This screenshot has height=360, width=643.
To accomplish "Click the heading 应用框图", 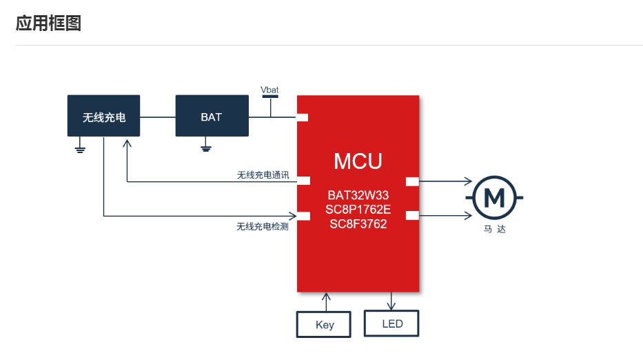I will [x=48, y=23].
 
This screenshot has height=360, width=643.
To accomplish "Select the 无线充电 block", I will [x=103, y=116].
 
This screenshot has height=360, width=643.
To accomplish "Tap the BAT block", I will [x=212, y=116].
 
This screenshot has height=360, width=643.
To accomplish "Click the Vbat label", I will [x=269, y=90].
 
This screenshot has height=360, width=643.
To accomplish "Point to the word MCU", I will [x=358, y=161].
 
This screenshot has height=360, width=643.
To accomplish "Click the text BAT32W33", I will [x=358, y=196].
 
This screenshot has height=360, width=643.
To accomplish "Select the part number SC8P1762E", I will [x=358, y=210].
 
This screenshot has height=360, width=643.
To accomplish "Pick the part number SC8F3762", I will [x=358, y=223].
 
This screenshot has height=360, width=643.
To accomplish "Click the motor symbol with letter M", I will [x=494, y=198].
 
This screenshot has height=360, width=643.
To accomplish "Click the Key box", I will [x=324, y=324].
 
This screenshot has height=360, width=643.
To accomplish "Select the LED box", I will [x=391, y=323].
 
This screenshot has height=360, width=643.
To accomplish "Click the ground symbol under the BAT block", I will [x=205, y=147].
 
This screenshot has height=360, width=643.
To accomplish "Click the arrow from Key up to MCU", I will [x=326, y=301].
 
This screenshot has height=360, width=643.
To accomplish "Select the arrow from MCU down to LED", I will [x=391, y=301].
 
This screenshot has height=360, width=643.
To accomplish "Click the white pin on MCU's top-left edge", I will [x=302, y=117].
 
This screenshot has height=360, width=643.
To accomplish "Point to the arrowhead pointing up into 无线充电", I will [x=127, y=142].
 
